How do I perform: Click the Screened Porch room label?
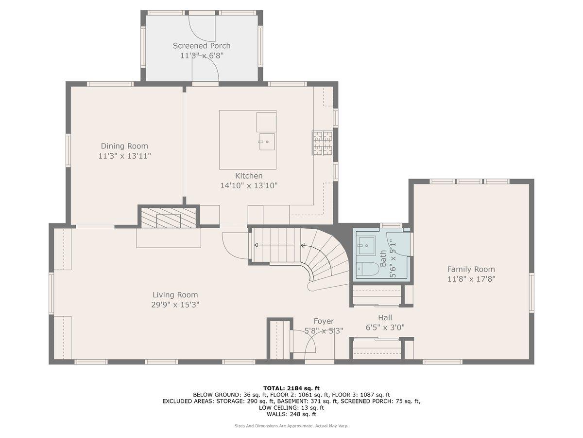click(202, 46)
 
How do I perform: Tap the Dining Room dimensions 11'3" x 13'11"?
click(124, 156)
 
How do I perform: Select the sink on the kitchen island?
click(267, 142)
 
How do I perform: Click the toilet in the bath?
click(368, 268)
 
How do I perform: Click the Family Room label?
click(471, 269)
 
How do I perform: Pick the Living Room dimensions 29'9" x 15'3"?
click(175, 305)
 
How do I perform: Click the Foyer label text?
click(324, 321)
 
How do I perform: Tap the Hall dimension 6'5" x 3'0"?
click(385, 328)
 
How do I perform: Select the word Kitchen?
click(249, 176)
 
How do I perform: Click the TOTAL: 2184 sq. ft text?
click(291, 388)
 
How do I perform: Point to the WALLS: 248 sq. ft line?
click(291, 415)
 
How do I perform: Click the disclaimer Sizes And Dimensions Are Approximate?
click(291, 426)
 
